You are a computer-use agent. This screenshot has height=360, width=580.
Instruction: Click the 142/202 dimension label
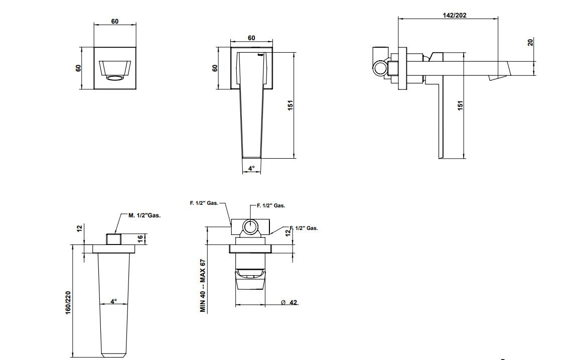pos(454,15)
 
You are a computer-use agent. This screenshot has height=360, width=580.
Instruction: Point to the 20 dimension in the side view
pos(531,42)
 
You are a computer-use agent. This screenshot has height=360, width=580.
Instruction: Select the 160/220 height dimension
pos(68,304)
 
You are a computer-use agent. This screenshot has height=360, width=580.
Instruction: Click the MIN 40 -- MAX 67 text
pos(203,286)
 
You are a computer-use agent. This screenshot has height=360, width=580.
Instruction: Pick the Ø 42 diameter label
pos(289,302)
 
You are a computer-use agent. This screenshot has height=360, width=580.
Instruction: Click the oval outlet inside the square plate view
pos(115,78)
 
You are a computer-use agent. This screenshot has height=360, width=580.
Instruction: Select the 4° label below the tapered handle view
pos(251,168)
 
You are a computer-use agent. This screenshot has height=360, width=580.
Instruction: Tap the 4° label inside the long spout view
pos(114,301)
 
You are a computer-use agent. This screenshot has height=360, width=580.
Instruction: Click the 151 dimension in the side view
pos(460,106)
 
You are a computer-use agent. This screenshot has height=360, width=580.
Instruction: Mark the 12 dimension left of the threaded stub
pos(79,228)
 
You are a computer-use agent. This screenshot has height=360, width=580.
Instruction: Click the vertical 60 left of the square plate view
pos(79,68)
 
